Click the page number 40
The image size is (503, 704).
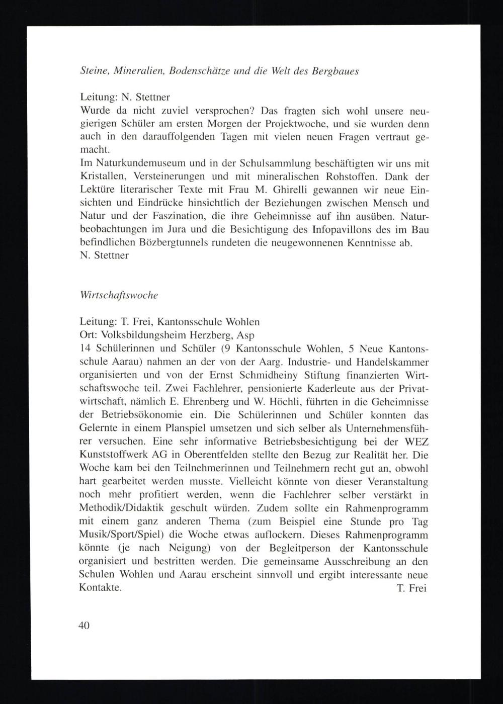pos(84,626)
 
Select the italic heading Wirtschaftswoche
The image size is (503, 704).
pos(119,296)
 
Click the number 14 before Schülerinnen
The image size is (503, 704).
pos(85,348)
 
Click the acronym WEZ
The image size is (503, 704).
pos(415,442)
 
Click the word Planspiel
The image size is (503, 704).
pos(187,429)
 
